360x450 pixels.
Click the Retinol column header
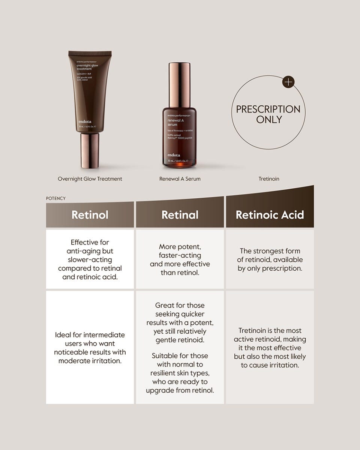pyautogui.click(x=90, y=214)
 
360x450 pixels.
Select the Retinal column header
pyautogui.click(x=180, y=214)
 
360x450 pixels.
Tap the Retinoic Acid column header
pyautogui.click(x=270, y=214)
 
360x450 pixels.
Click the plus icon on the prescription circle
pyautogui.click(x=288, y=82)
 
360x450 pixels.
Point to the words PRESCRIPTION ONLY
pyautogui.click(x=268, y=114)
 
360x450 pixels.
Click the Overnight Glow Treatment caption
pyautogui.click(x=90, y=179)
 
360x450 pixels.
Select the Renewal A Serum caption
pyautogui.click(x=180, y=179)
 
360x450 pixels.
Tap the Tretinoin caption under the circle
pyautogui.click(x=269, y=179)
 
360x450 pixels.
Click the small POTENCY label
pyautogui.click(x=55, y=198)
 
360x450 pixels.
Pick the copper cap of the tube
pyautogui.click(x=90, y=150)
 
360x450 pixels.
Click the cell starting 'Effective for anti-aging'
pyautogui.click(x=90, y=259)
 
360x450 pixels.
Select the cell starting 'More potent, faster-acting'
pyautogui.click(x=180, y=259)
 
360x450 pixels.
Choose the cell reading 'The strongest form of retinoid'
pyautogui.click(x=270, y=259)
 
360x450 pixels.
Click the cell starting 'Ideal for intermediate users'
pyautogui.click(x=90, y=348)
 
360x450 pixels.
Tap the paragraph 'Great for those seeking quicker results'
pyautogui.click(x=180, y=323)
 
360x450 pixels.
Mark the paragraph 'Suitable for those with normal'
pyautogui.click(x=180, y=373)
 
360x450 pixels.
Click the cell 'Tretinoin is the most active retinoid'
pyautogui.click(x=270, y=348)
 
